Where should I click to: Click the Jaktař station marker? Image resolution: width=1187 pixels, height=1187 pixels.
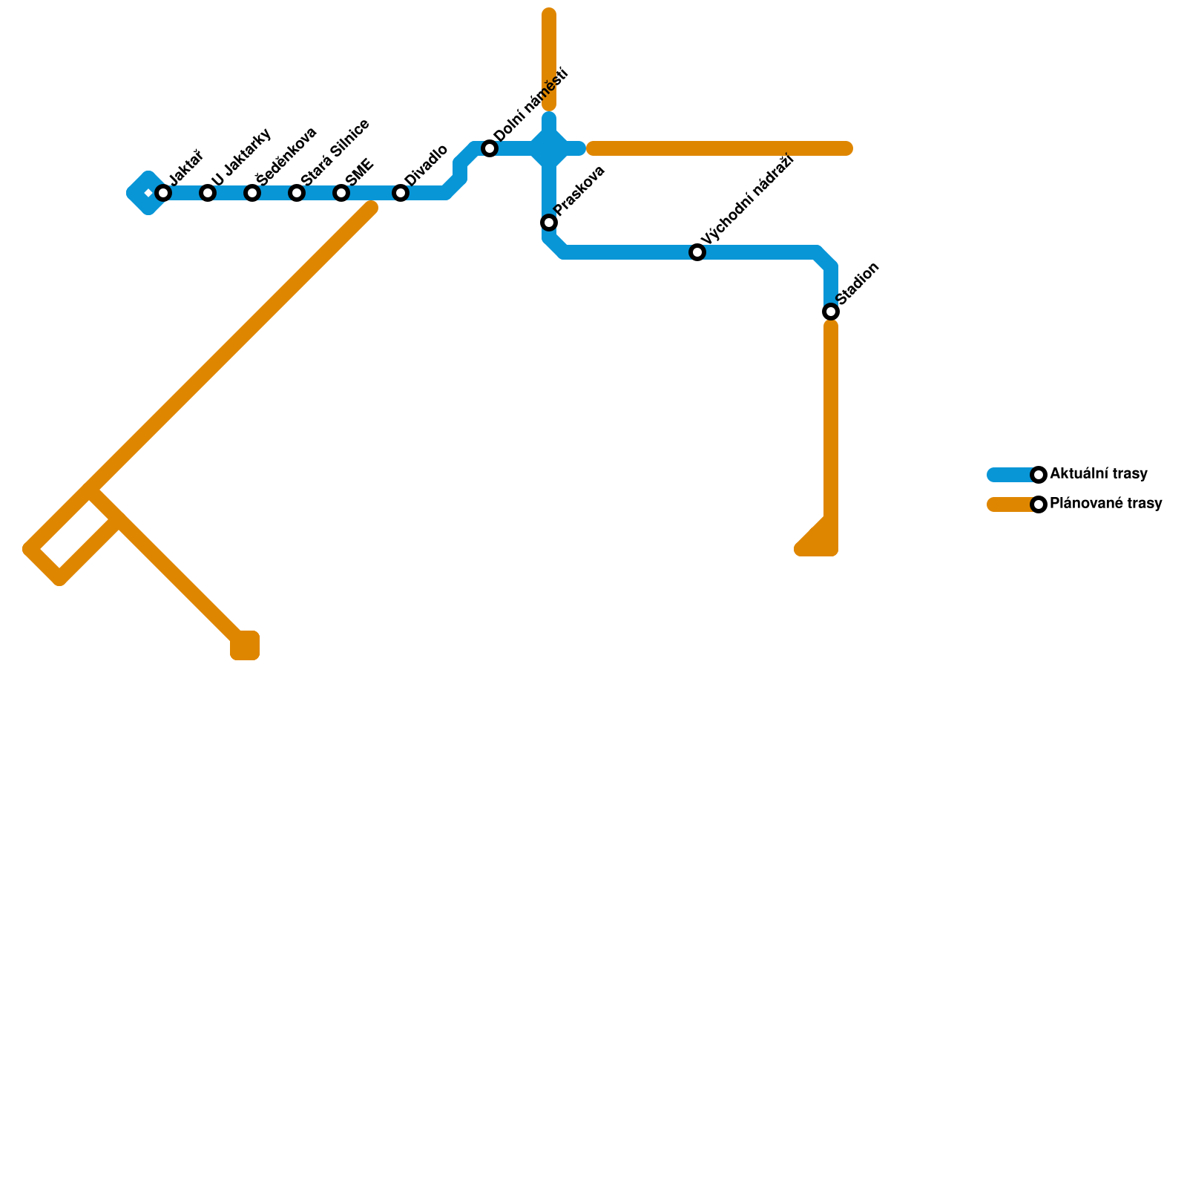(x=163, y=194)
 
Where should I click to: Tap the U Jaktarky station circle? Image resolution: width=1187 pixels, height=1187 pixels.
(x=208, y=194)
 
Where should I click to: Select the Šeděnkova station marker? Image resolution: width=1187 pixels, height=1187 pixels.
(x=252, y=194)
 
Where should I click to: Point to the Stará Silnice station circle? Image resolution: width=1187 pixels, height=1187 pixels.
(x=297, y=194)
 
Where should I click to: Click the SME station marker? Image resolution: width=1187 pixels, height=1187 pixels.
(x=341, y=194)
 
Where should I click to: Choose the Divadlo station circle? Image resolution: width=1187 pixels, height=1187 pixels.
(x=401, y=194)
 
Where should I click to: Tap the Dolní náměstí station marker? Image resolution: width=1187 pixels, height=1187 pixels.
(x=490, y=149)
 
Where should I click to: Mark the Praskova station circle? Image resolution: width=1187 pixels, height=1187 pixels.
(x=549, y=223)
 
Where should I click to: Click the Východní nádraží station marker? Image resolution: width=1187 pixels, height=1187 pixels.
(x=697, y=253)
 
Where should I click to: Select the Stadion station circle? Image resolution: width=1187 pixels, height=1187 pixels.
(x=831, y=312)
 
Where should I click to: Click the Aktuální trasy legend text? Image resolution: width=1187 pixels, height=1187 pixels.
(x=1099, y=474)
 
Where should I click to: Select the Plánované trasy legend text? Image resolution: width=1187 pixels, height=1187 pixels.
(x=1105, y=504)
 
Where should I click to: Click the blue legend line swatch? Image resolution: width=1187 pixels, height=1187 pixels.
(x=1010, y=475)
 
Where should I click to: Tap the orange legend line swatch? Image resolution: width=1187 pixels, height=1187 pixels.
(x=1010, y=504)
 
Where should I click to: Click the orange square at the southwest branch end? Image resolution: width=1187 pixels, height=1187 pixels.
(x=245, y=645)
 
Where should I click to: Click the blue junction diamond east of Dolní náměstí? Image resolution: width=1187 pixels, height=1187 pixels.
(x=549, y=148)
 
